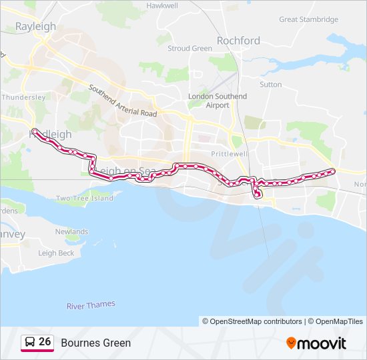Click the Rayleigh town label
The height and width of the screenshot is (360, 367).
pyautogui.click(x=35, y=27)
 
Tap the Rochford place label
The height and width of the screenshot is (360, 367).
pyautogui.click(x=238, y=41)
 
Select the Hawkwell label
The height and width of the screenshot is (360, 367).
pyautogui.click(x=162, y=5)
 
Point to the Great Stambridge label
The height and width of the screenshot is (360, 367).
pyautogui.click(x=308, y=19)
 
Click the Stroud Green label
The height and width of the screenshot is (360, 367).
pyautogui.click(x=190, y=49)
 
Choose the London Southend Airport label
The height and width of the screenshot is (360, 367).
pyautogui.click(x=218, y=101)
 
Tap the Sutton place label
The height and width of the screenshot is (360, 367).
pyautogui.click(x=270, y=85)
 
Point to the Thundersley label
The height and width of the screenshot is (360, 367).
pyautogui.click(x=23, y=97)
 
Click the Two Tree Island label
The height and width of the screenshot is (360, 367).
pyautogui.click(x=84, y=198)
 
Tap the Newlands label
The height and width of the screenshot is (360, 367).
pyautogui.click(x=71, y=232)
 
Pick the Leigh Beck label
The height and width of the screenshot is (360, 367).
pyautogui.click(x=56, y=253)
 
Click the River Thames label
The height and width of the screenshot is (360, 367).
pyautogui.click(x=91, y=305)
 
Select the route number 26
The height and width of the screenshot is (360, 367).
pyautogui.click(x=45, y=342)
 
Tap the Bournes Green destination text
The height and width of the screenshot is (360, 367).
pyautogui.click(x=95, y=343)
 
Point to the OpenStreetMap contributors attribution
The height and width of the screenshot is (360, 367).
pyautogui.click(x=252, y=321)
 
